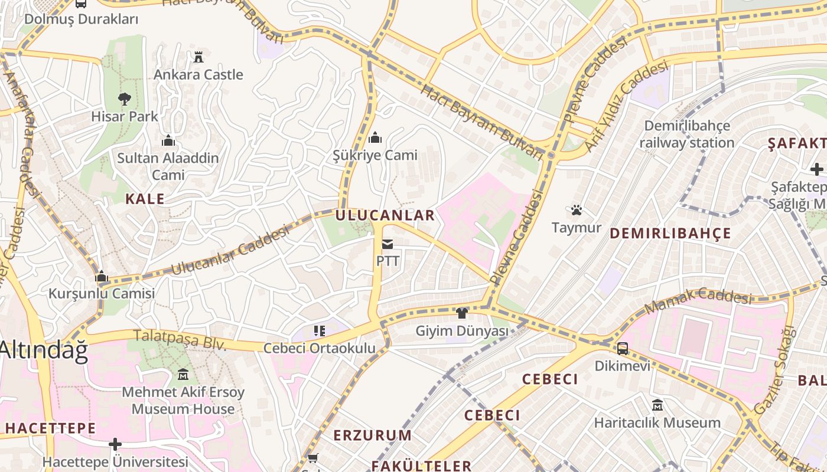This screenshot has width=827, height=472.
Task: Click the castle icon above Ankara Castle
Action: [x=198, y=57]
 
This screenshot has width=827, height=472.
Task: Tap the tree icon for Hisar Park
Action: [x=124, y=99]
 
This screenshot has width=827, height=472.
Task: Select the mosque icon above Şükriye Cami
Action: [x=375, y=138]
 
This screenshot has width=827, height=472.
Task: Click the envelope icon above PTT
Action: [x=388, y=244]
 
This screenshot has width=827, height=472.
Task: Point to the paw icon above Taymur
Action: [x=577, y=210]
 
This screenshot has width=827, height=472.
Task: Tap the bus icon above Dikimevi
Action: [x=623, y=348]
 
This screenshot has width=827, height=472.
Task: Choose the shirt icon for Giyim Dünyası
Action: [x=462, y=313]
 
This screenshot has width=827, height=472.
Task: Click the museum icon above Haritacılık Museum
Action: [x=657, y=405]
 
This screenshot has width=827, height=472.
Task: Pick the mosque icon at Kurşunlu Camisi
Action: [x=102, y=276]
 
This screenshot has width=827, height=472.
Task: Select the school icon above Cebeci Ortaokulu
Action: [x=320, y=331]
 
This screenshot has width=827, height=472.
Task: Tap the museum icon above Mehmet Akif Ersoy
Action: [x=183, y=374]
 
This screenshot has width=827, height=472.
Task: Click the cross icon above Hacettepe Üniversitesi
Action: [x=115, y=444]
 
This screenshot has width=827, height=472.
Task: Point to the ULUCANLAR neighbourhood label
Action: [x=385, y=215]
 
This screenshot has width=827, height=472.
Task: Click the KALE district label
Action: [x=145, y=199]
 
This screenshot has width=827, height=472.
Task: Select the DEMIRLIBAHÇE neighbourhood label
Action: [x=670, y=233]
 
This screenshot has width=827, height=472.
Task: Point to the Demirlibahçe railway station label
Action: [x=686, y=135]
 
